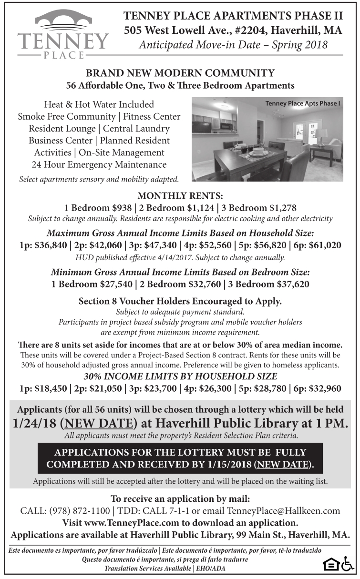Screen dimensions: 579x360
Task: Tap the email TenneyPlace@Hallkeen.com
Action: coord(284,511)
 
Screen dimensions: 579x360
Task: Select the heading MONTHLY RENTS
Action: coord(180,196)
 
